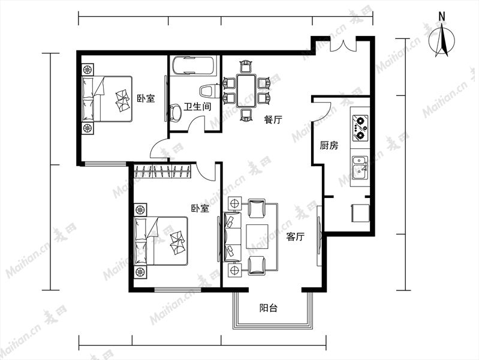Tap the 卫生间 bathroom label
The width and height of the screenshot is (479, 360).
197,107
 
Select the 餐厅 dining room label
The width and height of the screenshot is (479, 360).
273,119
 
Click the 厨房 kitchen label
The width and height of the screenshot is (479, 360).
329,145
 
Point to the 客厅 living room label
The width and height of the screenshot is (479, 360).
295,236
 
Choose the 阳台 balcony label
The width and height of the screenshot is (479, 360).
269,308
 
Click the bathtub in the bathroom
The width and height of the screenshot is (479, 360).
193,65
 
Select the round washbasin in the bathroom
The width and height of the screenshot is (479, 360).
175,113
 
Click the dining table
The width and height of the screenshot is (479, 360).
246,91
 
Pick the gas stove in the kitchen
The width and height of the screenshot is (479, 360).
360,128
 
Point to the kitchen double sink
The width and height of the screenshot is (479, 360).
360,167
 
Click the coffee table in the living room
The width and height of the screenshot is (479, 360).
258,236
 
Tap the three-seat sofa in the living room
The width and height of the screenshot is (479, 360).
233,236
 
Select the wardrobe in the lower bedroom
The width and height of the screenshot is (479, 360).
162,170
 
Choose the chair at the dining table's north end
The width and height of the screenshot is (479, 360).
246,66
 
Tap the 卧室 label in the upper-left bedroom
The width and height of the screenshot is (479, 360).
146,98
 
